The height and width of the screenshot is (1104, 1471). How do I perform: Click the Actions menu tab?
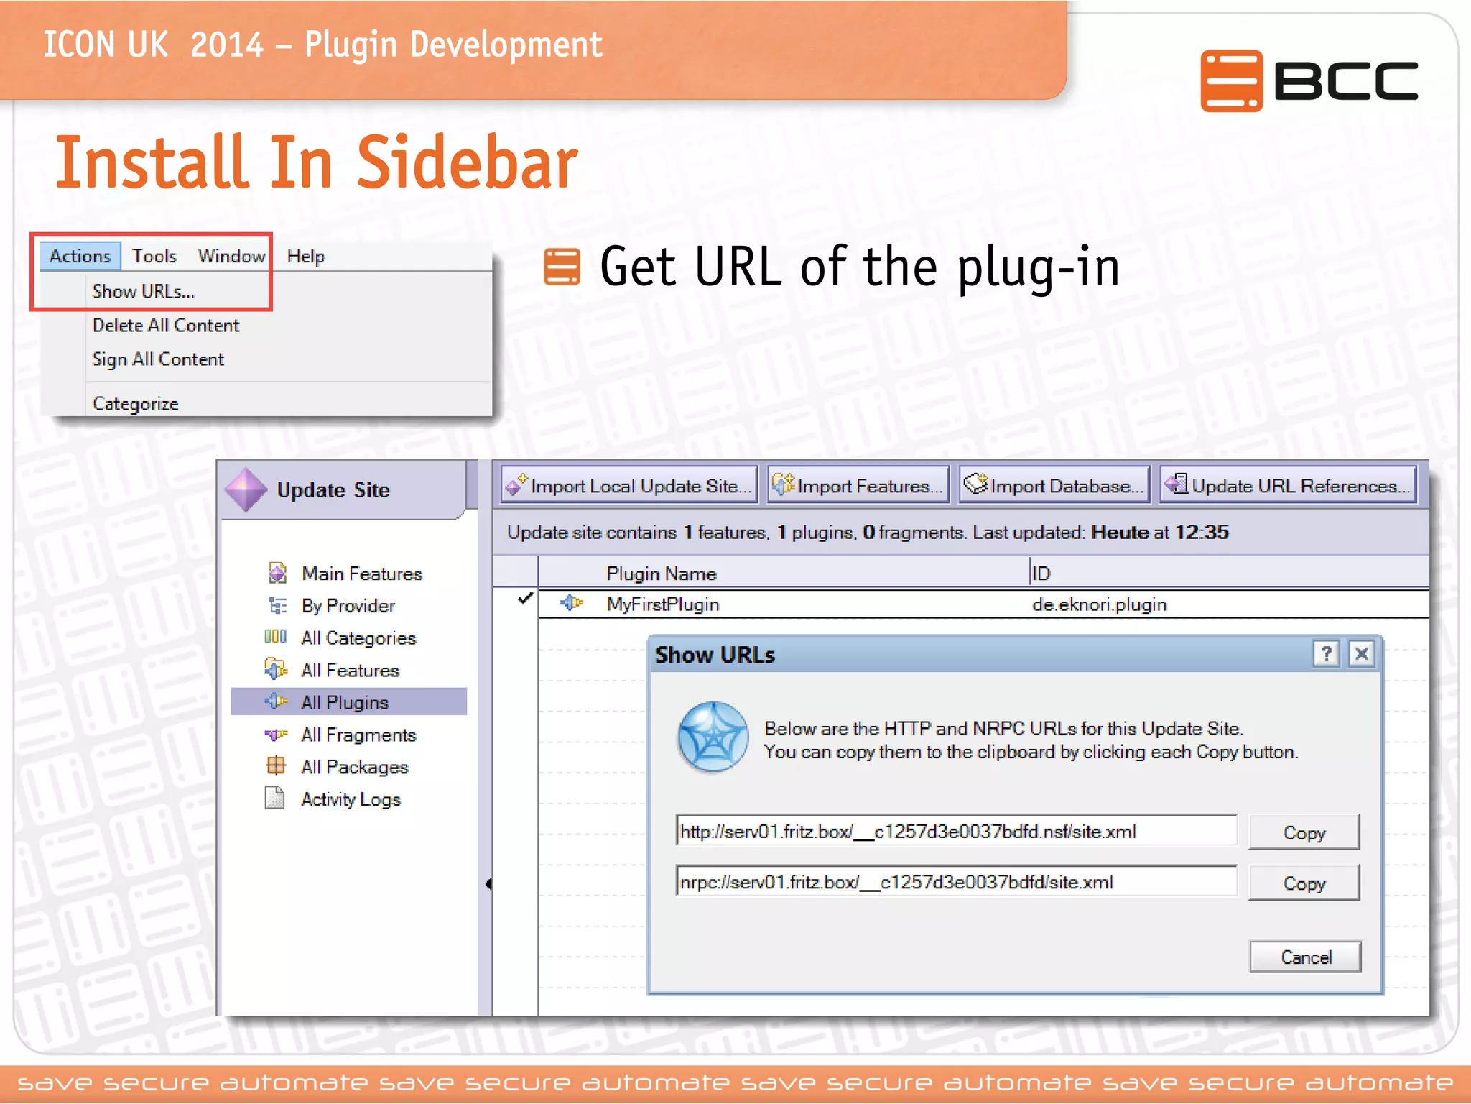pos(80,256)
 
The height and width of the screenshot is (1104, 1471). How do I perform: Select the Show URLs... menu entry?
pos(143,292)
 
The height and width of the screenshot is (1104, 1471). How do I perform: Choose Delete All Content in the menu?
pos(165,326)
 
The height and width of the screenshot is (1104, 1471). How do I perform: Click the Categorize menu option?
pos(135,404)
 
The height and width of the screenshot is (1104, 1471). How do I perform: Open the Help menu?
pos(305,257)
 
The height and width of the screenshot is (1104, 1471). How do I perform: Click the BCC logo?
pos(1309,80)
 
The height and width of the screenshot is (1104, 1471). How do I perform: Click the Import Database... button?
pos(1054,486)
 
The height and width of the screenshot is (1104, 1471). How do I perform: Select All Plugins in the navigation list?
pos(345,702)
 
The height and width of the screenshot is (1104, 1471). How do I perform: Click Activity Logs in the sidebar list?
pos(351,799)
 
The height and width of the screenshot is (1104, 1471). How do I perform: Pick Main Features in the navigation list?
pos(361,574)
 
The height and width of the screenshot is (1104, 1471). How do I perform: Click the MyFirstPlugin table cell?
pos(662,604)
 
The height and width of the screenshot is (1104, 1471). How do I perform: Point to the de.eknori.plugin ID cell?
pos(1099,604)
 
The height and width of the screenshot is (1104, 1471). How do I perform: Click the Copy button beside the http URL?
pos(1304,833)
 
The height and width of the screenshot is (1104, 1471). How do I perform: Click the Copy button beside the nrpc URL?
pos(1304,883)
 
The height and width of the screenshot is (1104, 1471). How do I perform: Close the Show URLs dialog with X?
pos(1361,654)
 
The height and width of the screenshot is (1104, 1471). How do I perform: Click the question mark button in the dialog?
pos(1326,654)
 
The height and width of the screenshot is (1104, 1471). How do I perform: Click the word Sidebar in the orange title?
pos(467,163)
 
